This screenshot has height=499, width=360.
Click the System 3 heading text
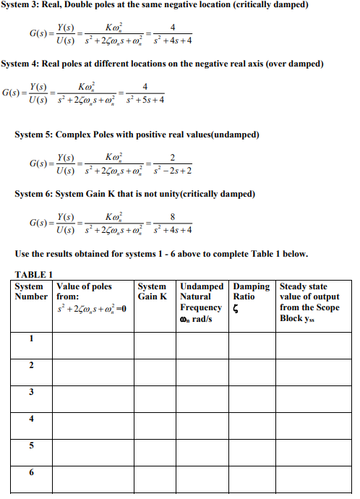coord(155,6)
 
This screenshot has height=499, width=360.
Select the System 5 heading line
coord(147,135)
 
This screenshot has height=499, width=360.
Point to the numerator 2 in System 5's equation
coord(171,157)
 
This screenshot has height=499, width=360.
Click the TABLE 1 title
coord(35,275)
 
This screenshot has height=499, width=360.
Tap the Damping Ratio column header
coord(251,291)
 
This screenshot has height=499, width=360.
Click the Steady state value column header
coord(309,302)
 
